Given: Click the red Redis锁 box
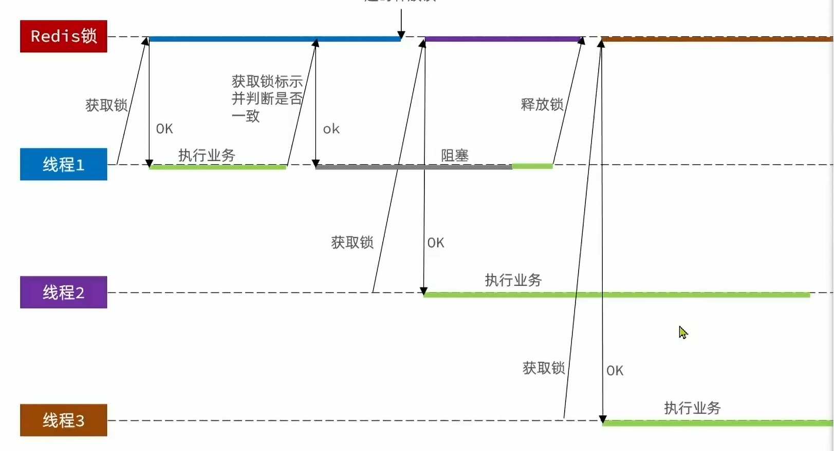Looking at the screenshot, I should click(x=63, y=36).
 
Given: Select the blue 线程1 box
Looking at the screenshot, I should click(x=63, y=164).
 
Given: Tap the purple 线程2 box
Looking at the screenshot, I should click(x=63, y=292).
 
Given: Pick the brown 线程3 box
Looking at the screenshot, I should click(x=63, y=420).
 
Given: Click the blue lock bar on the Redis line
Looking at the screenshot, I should click(x=274, y=39).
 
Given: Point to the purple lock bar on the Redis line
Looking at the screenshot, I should click(x=503, y=39).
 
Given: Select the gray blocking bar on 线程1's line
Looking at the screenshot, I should click(x=413, y=167).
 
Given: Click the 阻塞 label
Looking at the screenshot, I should click(x=455, y=155).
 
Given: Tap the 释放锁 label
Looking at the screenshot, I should click(x=542, y=104).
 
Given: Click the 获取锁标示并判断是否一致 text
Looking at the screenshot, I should click(x=267, y=98).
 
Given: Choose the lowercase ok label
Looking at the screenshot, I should click(x=331, y=129).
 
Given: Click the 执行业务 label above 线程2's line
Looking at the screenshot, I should click(x=513, y=280).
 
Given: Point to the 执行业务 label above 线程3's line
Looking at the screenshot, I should click(x=692, y=408).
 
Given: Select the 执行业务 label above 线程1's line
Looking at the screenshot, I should click(x=207, y=155).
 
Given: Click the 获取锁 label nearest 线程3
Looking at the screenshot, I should click(x=543, y=368).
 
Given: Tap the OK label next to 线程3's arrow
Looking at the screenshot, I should click(x=615, y=370).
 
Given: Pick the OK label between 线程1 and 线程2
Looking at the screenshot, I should click(x=435, y=242).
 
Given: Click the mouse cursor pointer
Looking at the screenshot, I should click(x=682, y=332).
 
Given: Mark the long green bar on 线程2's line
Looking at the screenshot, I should click(x=617, y=295).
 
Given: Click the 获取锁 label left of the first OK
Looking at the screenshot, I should click(x=106, y=105).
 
